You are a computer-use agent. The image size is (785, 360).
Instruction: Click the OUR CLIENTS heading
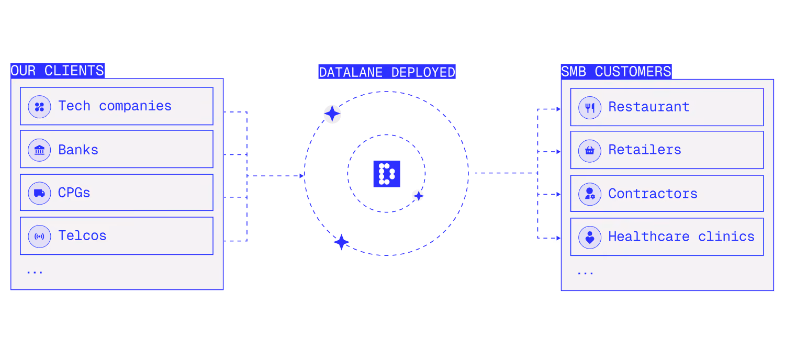pos(58,71)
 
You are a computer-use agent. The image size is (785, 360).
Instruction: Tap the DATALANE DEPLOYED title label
pos(387,72)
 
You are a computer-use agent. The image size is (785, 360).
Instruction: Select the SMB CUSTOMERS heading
pos(616,72)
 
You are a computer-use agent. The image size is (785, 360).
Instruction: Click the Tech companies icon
pos(40,107)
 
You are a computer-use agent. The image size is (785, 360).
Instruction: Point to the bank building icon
pos(40,150)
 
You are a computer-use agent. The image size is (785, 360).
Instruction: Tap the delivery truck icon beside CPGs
pos(40,193)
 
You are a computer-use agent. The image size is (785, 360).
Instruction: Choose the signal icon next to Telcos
pos(40,237)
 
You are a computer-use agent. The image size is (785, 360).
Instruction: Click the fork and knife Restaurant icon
pos(590,108)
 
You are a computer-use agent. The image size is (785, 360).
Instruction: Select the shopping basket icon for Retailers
pos(590,151)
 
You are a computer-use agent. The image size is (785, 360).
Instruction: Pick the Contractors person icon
pos(590,194)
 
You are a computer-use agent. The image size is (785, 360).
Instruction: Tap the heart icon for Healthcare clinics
pos(590,238)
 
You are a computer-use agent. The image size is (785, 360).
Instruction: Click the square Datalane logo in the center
pos(387,174)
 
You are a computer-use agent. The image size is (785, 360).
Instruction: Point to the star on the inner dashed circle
pos(419,196)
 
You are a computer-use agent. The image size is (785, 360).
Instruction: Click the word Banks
pos(78,150)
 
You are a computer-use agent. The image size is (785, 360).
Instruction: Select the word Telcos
pos(82,235)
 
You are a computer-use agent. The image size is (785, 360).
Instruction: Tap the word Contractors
pos(653,194)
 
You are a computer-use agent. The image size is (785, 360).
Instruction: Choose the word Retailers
pos(645,150)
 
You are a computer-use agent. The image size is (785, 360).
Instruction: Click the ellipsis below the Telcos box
pos(35,272)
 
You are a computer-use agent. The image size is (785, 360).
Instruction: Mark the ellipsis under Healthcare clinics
pos(585,273)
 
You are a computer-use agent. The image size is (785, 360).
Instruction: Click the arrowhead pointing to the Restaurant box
pos(558,109)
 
